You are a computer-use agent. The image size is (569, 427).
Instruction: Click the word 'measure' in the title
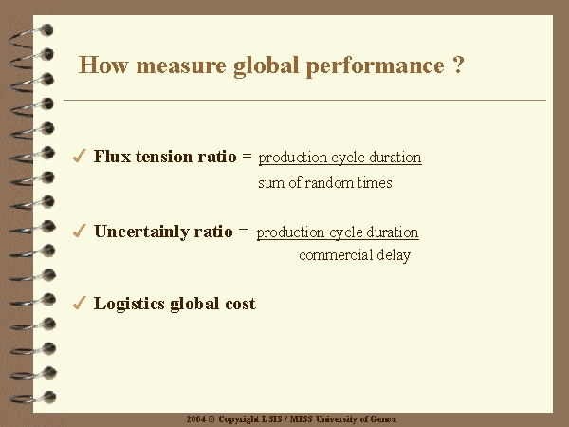pyautogui.click(x=181, y=65)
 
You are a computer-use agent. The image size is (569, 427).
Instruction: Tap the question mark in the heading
pyautogui.click(x=458, y=65)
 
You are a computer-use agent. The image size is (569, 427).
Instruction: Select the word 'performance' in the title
pyautogui.click(x=375, y=67)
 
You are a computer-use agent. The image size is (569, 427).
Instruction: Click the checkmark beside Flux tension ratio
pyautogui.click(x=79, y=156)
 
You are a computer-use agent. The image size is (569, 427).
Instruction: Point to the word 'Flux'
pyautogui.click(x=112, y=157)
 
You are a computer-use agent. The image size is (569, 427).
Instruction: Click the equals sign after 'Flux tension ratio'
pyautogui.click(x=247, y=156)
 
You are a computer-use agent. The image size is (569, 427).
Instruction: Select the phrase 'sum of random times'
pyautogui.click(x=325, y=182)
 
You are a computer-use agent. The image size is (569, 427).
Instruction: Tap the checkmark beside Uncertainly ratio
pyautogui.click(x=79, y=231)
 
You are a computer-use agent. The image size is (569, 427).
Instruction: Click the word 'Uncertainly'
pyautogui.click(x=141, y=232)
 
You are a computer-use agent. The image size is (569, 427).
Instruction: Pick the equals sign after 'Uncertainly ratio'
pyautogui.click(x=243, y=231)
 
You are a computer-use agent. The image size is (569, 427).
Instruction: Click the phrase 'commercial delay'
pyautogui.click(x=355, y=255)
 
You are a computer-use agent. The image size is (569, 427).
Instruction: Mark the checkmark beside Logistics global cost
pyautogui.click(x=79, y=303)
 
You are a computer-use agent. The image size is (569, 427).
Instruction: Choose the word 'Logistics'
pyautogui.click(x=129, y=304)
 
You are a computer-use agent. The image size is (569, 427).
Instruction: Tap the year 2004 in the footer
pyautogui.click(x=196, y=419)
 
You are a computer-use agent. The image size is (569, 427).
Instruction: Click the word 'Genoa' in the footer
pyautogui.click(x=383, y=419)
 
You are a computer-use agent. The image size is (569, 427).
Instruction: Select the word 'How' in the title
pyautogui.click(x=103, y=65)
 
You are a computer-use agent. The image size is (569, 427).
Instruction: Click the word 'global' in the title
pyautogui.click(x=266, y=67)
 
